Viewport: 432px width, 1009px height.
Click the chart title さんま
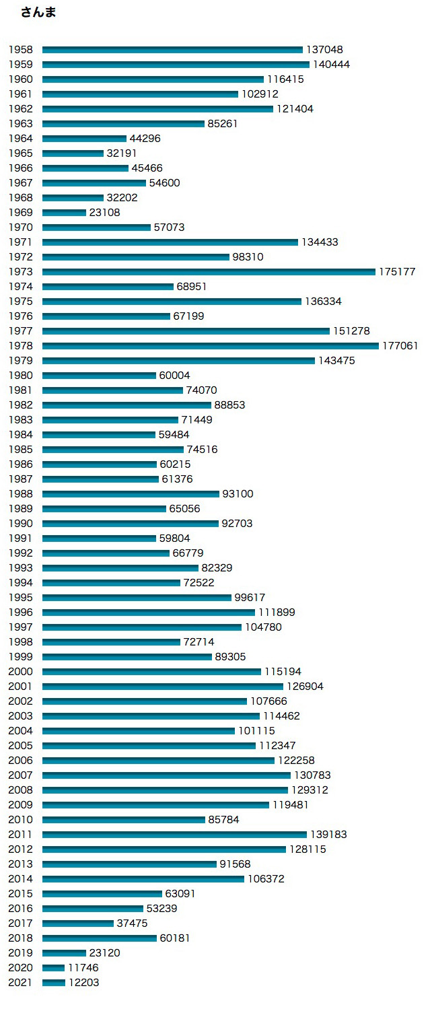[38, 13]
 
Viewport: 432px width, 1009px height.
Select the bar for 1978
[211, 346]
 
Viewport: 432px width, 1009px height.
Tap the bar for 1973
[209, 272]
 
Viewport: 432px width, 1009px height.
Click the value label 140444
[331, 65]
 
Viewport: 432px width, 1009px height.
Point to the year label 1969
[20, 213]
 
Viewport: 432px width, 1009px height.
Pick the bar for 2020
[54, 968]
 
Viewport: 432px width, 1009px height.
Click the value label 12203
[84, 983]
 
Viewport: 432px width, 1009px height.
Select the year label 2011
[20, 835]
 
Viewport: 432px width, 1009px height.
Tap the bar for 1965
[73, 153]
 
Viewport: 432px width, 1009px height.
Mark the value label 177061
[400, 346]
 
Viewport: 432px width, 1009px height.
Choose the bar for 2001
[163, 687]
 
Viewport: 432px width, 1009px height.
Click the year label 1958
[20, 50]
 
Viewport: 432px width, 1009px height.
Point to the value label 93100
[238, 494]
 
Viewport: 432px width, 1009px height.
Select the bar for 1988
[131, 494]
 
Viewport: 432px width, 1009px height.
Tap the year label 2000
[20, 672]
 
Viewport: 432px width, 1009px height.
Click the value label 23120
[105, 953]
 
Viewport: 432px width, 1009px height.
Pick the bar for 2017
[78, 924]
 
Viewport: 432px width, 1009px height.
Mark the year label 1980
[20, 376]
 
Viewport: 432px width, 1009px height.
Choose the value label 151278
[351, 331]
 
